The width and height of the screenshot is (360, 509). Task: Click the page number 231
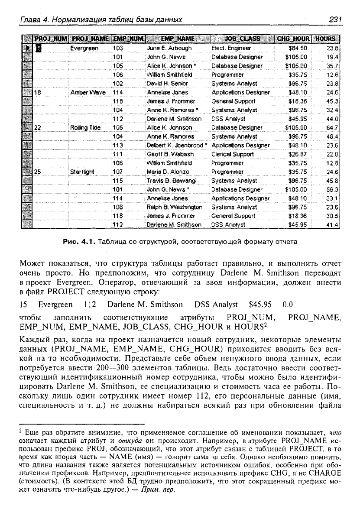click(x=336, y=19)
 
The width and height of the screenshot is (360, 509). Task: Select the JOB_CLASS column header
click(x=243, y=39)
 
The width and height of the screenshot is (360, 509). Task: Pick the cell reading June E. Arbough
click(x=169, y=48)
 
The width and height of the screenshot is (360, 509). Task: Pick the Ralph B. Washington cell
click(x=175, y=207)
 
